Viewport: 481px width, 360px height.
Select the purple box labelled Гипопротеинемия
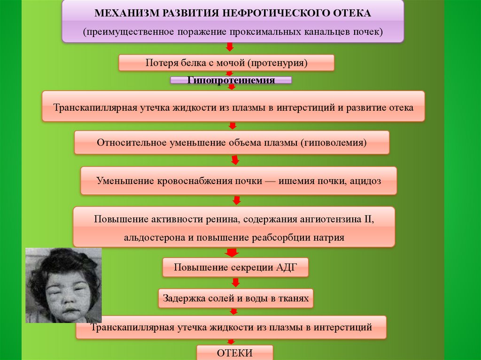click(231, 80)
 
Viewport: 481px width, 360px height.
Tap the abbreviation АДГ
click(286, 268)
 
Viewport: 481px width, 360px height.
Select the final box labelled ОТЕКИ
click(234, 352)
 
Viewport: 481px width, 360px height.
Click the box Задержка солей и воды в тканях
click(236, 298)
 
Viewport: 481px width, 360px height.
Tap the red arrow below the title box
click(230, 47)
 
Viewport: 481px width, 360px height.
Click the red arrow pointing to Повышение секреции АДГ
click(231, 253)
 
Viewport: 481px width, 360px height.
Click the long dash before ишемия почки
click(271, 180)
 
